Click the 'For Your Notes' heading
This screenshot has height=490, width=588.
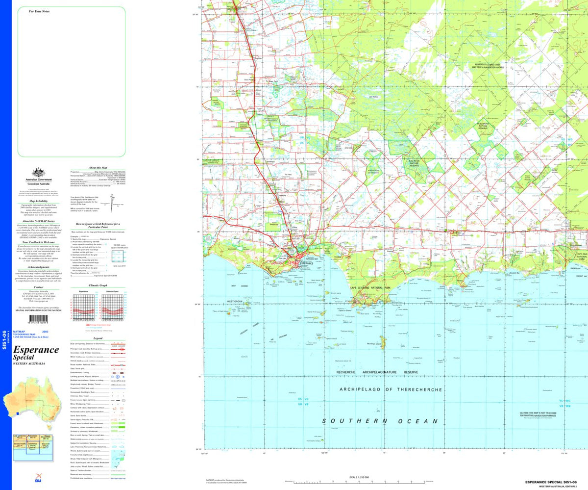point(39,11)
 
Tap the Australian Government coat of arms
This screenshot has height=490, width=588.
point(39,173)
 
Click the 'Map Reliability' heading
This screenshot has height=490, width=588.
point(39,201)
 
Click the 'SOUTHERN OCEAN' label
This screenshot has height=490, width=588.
point(380,421)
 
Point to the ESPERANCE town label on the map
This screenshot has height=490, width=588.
point(303,263)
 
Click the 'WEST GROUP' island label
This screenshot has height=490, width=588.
point(235,301)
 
